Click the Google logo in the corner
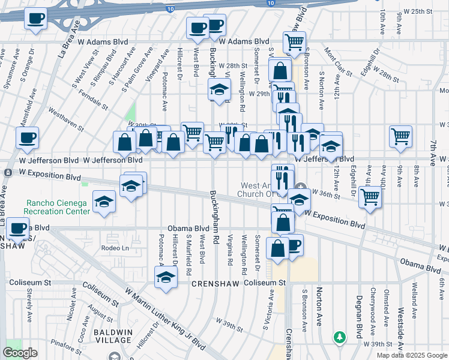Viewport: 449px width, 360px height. [20, 353]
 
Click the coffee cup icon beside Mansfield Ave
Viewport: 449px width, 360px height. [27, 139]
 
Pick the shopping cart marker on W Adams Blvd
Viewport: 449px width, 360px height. [295, 43]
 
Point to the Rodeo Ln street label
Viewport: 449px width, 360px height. [115, 248]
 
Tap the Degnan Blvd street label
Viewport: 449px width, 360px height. [358, 316]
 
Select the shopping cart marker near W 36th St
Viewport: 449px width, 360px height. [370, 197]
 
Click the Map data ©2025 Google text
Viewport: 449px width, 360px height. [411, 355]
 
